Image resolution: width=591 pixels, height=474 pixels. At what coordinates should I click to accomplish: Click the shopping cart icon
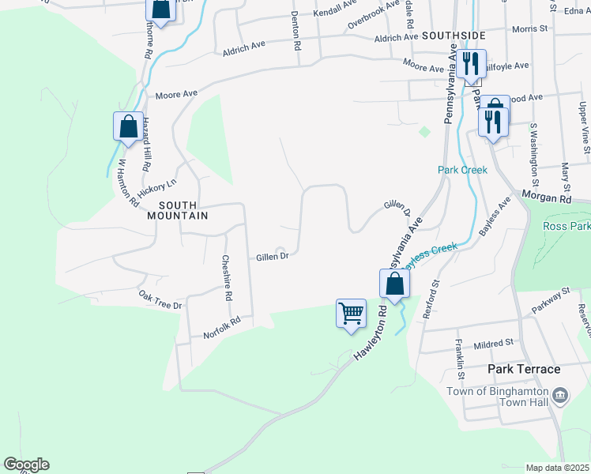(x=351, y=313)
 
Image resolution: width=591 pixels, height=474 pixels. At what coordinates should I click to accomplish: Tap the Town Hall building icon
(x=560, y=394)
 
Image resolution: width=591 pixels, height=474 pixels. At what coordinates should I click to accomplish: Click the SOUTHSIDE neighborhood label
(x=454, y=36)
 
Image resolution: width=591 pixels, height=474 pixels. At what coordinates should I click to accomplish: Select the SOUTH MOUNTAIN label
(x=177, y=209)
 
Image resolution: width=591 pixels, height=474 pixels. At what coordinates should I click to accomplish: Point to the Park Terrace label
(x=524, y=369)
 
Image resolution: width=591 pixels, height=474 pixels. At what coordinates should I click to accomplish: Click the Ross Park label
(x=567, y=227)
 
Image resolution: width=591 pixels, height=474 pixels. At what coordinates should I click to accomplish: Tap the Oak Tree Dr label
(x=160, y=299)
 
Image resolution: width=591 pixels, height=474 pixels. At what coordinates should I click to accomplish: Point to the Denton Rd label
(x=296, y=31)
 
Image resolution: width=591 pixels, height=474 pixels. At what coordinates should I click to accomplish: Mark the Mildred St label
(x=493, y=344)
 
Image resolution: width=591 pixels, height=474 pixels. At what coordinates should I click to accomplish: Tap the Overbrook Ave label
(x=374, y=15)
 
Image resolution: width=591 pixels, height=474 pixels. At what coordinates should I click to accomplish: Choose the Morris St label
(x=529, y=28)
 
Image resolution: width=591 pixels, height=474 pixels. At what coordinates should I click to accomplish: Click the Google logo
(x=26, y=465)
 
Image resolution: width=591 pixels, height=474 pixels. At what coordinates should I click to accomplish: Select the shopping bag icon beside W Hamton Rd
(x=128, y=126)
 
